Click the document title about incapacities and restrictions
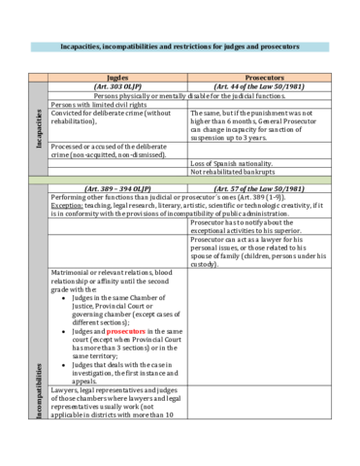coord(180,47)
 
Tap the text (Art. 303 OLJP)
coord(117,85)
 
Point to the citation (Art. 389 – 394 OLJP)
coord(117,187)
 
